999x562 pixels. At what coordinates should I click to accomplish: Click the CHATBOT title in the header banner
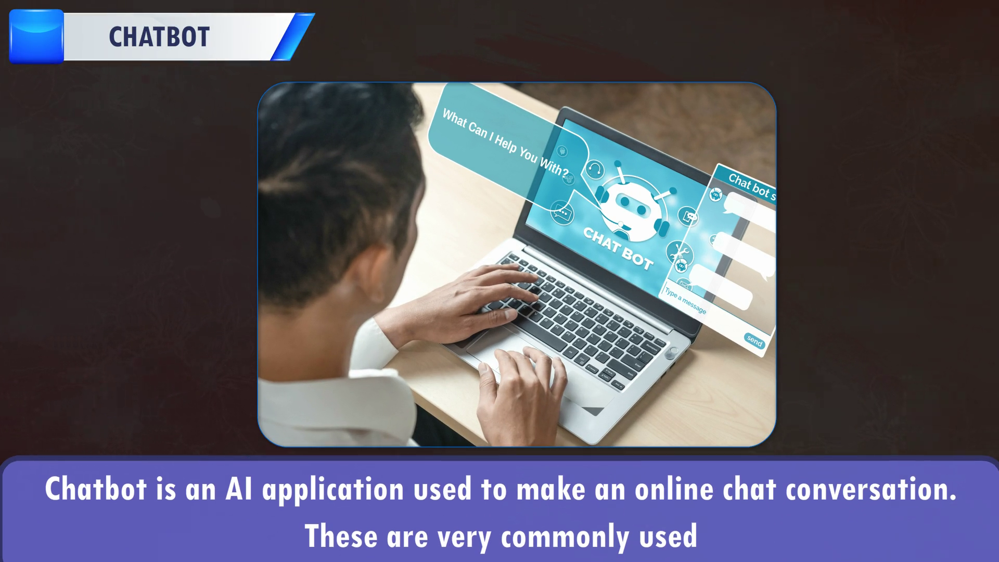(x=159, y=37)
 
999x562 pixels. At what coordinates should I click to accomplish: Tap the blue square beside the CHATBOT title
(x=36, y=36)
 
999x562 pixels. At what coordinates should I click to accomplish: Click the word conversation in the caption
(x=872, y=490)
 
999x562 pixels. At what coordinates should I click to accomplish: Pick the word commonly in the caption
(x=564, y=537)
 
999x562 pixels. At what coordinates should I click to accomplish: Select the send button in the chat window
(x=754, y=340)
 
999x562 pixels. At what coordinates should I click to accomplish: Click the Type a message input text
(x=686, y=301)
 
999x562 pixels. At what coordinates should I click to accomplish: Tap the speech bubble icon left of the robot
(x=561, y=212)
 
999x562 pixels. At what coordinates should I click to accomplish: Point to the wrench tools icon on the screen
(x=679, y=252)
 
